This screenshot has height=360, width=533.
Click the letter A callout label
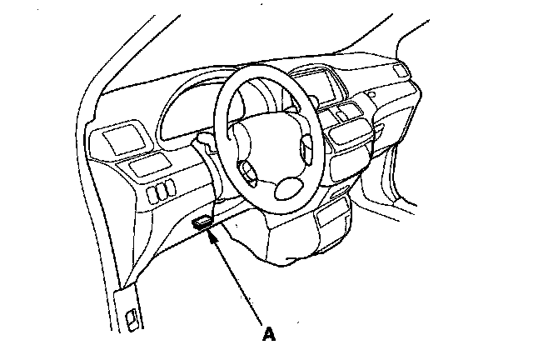[x=268, y=335]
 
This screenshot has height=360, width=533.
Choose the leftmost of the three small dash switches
[x=153, y=196]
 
